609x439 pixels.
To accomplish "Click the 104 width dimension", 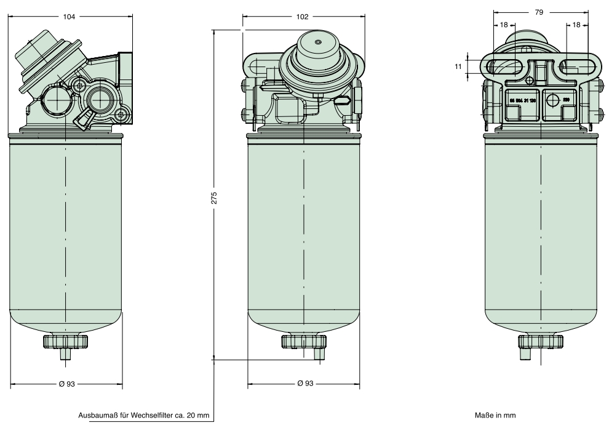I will coord(70,17).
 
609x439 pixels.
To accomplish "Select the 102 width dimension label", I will coord(302,17).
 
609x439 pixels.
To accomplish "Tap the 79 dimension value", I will coord(539,12).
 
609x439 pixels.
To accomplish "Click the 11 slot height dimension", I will coord(458,65).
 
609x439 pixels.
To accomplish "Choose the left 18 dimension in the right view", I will coord(504,25).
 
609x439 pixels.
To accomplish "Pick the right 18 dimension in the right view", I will coord(576,25).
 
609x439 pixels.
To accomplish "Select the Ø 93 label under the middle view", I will coord(305,384).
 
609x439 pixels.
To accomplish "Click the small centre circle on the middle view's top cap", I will coord(317,42).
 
